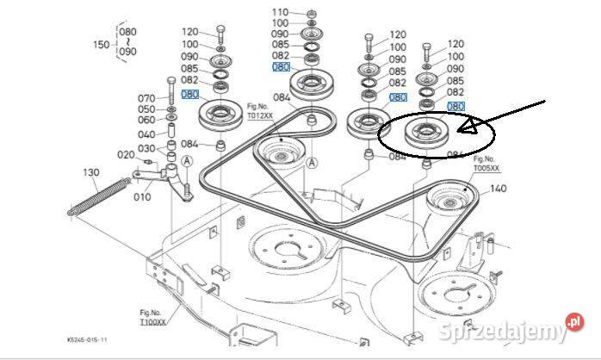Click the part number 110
(281, 11)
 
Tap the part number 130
(91, 172)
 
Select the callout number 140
(499, 188)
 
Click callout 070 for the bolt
(146, 98)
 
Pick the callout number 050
(146, 109)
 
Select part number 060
(146, 121)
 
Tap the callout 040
(146, 134)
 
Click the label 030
(146, 148)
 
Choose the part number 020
(126, 155)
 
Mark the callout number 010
(142, 196)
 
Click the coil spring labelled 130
(99, 196)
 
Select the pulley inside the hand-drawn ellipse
(424, 133)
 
